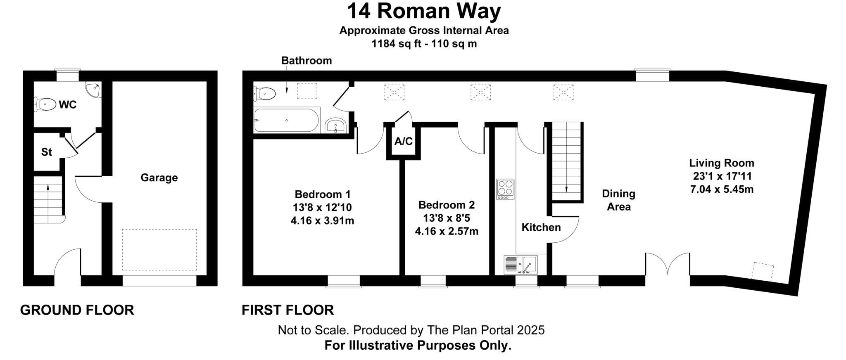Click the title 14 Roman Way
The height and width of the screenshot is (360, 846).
tap(423, 11)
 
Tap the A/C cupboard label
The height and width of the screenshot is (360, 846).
tap(403, 142)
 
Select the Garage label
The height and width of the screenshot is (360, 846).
tap(159, 178)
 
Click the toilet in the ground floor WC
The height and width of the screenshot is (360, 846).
tap(45, 104)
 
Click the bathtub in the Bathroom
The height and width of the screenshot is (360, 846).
tap(286, 120)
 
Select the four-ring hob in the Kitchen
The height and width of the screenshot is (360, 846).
tap(505, 189)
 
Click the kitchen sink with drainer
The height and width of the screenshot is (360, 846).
tap(520, 265)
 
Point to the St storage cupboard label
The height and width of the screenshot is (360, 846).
tap(47, 152)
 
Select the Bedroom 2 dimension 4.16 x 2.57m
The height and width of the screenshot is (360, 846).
tap(447, 231)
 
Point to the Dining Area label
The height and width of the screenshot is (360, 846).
tap(618, 200)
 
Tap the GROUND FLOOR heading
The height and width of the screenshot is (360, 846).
tap(77, 310)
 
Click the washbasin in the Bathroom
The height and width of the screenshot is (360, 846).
tap(336, 125)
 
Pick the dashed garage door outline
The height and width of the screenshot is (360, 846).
tap(159, 250)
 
